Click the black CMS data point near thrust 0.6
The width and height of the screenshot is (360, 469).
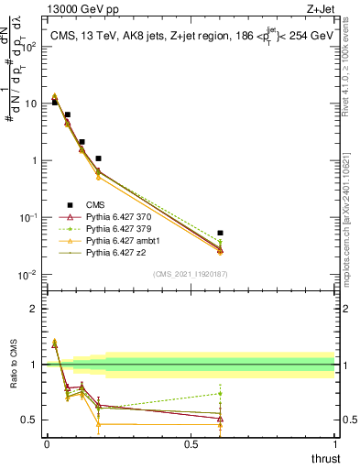[x=220, y=234]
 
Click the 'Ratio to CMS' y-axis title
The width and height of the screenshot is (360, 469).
[x=12, y=380]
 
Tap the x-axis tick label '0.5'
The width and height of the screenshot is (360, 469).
[x=191, y=445]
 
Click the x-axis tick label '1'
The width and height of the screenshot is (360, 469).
[x=335, y=445]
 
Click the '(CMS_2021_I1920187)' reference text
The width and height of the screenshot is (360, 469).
[x=190, y=274]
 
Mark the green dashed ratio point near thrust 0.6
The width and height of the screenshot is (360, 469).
[x=220, y=394]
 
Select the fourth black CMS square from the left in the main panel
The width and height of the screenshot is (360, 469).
[x=98, y=158]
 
